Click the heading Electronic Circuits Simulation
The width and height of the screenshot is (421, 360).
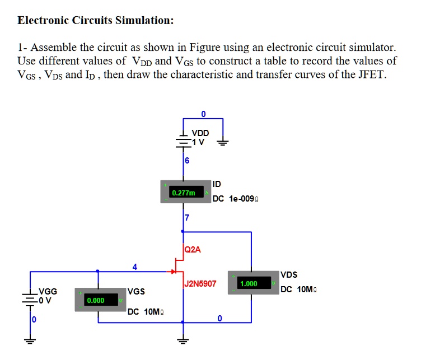(x=96, y=21)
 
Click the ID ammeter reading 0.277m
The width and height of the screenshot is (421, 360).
(x=184, y=193)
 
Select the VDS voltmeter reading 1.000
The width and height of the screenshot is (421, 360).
(x=248, y=284)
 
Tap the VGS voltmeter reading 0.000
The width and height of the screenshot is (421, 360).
(x=95, y=301)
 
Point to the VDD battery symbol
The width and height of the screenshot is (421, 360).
(x=183, y=140)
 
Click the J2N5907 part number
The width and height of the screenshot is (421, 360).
(x=200, y=284)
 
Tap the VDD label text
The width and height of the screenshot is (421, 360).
(x=200, y=133)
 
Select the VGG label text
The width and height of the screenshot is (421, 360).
(x=48, y=291)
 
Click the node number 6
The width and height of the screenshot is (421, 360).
(x=187, y=161)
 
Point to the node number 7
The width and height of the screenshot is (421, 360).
(x=188, y=217)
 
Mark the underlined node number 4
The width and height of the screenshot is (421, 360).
(x=134, y=266)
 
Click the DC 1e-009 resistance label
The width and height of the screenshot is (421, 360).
(x=235, y=198)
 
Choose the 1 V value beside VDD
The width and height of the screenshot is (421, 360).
(x=199, y=141)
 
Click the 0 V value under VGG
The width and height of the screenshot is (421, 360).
(x=44, y=300)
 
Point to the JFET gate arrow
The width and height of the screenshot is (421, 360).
(x=173, y=272)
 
